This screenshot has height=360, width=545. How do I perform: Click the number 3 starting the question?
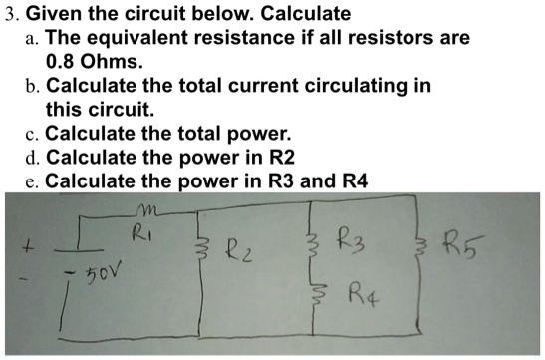[9, 14]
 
